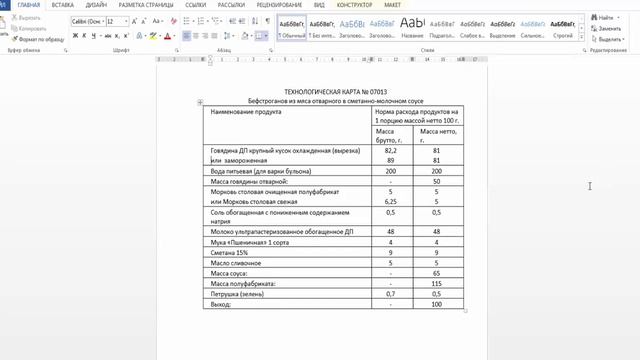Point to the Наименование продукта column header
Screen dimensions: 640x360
[246, 112]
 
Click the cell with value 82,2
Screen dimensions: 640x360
[390, 150]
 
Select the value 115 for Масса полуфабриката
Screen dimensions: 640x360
[437, 283]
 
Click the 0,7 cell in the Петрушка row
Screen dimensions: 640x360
[390, 293]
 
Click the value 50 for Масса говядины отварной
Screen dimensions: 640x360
[437, 181]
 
